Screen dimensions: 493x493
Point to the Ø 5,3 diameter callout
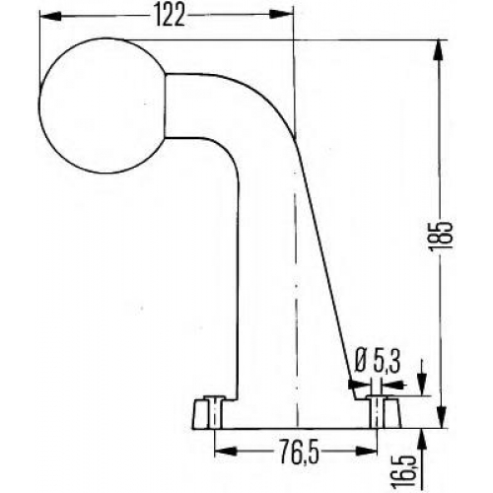click(378, 362)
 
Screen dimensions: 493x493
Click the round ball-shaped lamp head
click(102, 106)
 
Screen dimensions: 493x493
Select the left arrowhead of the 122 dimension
click(50, 16)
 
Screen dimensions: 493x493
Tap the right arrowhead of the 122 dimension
click(281, 15)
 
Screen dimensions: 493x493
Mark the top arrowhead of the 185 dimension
click(441, 50)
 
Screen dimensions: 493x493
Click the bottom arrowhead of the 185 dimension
click(442, 418)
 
